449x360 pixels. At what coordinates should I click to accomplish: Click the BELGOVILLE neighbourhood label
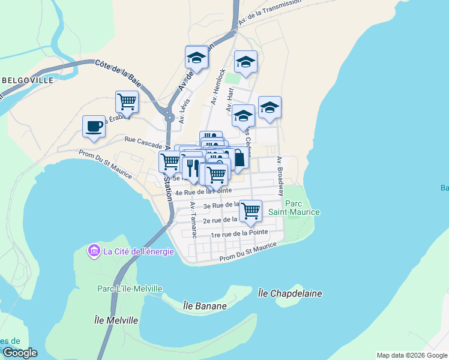click(x=28, y=80)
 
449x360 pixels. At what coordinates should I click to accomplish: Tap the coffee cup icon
click(x=94, y=127)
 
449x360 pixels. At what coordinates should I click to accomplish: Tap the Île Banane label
click(x=205, y=306)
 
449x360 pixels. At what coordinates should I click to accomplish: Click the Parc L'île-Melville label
click(x=130, y=289)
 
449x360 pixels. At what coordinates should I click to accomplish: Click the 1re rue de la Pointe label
click(x=239, y=233)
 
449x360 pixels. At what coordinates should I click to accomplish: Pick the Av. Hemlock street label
click(x=217, y=88)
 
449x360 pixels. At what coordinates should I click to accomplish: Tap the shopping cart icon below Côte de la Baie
click(x=127, y=102)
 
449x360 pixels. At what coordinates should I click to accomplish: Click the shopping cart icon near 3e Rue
click(x=250, y=211)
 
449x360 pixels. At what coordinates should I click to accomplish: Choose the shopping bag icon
click(x=238, y=159)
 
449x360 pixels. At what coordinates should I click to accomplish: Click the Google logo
click(x=19, y=353)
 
